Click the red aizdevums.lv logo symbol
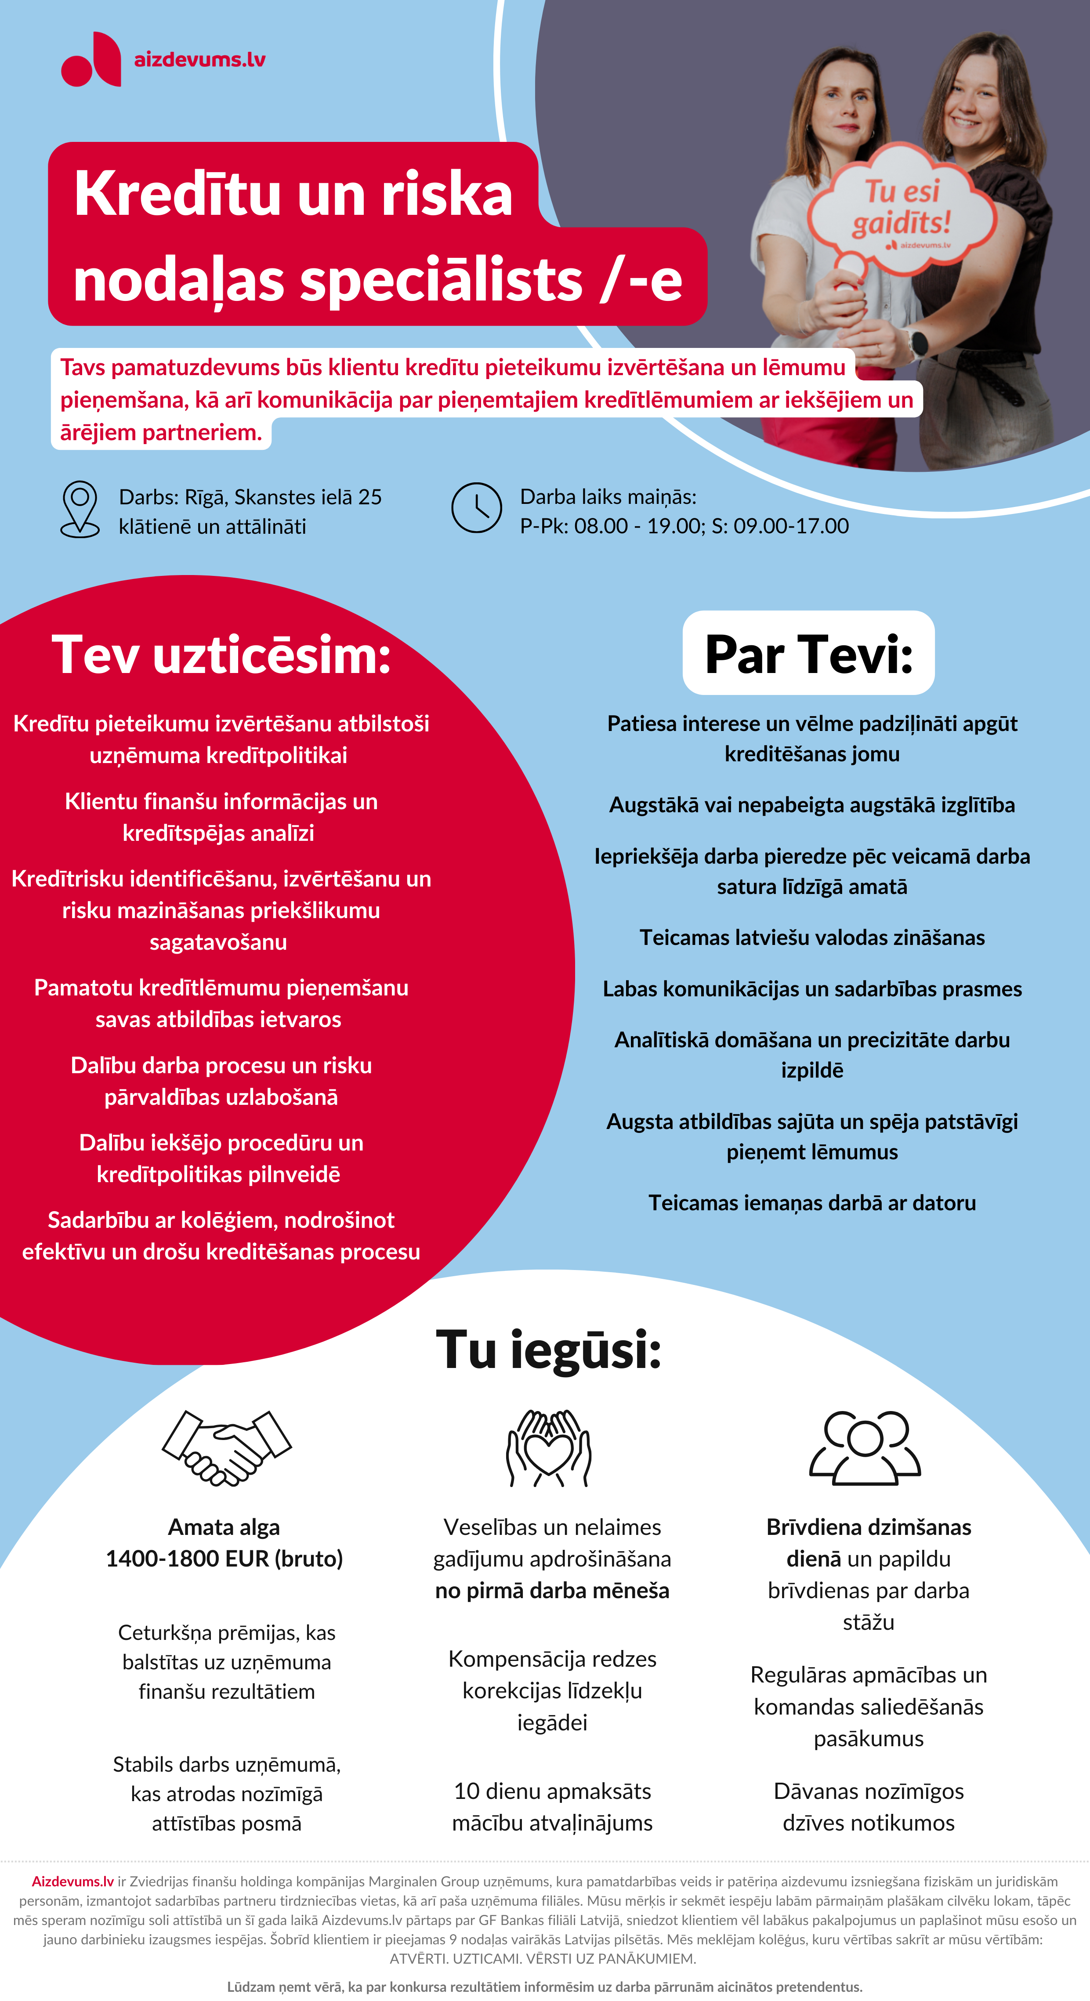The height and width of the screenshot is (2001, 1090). (x=92, y=60)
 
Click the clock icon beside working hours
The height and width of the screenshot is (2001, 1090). (x=476, y=508)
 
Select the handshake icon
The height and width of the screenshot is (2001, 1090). (x=226, y=1448)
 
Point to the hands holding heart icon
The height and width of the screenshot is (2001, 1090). (x=548, y=1448)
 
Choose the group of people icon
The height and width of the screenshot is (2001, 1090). (x=865, y=1448)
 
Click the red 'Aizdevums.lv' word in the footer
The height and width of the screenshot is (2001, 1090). (x=72, y=1882)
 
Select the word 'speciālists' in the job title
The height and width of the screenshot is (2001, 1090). (x=441, y=280)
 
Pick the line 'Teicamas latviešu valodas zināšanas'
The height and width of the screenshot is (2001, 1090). (x=812, y=937)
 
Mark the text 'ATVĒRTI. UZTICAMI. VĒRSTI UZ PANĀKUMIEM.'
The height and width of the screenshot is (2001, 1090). (x=543, y=1958)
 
